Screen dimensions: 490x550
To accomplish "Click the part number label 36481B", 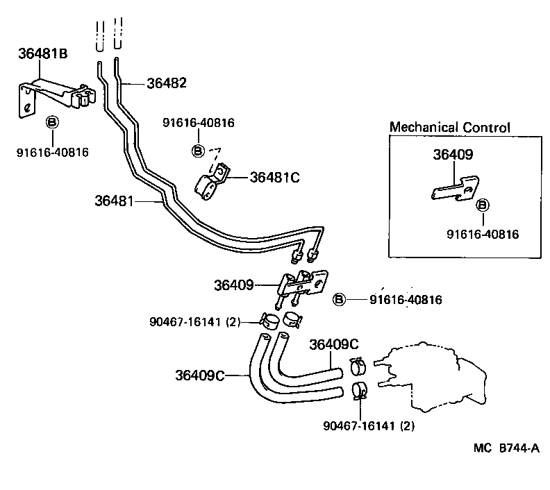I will point(42,53).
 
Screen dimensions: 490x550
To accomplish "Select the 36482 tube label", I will point(166,83).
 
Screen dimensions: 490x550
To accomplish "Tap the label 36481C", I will point(274,178).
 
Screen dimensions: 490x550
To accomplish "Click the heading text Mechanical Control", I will point(449,128).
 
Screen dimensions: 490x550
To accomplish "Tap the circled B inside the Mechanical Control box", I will point(483,205).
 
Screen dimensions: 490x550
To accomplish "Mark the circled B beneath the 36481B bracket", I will point(51,122).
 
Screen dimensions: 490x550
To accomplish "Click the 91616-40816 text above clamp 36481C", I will point(199,123).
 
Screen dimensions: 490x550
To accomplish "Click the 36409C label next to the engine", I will point(334,344).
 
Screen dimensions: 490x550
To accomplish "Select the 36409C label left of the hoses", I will point(199,375).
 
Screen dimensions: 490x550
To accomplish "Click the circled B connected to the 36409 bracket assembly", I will point(340,299).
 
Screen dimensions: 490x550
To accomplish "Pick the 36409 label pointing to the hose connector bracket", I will point(233,285).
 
